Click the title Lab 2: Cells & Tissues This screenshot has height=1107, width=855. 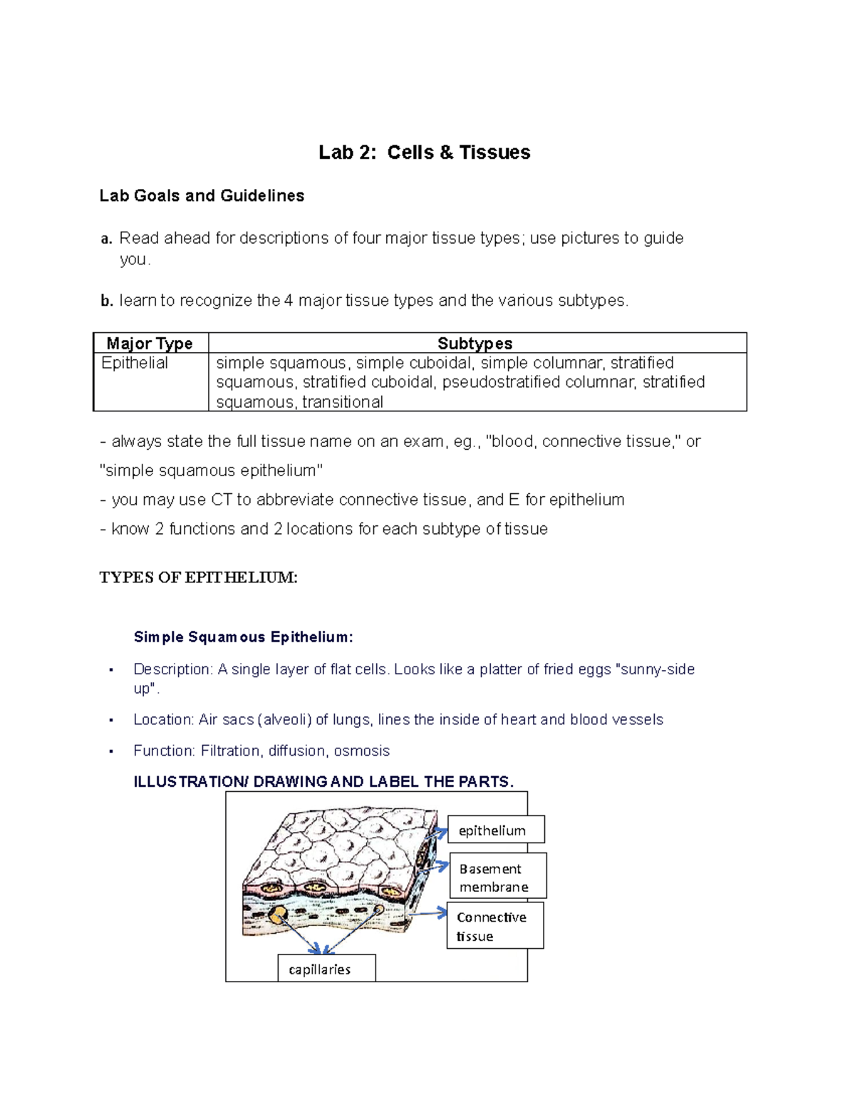424,153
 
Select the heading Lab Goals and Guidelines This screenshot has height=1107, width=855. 202,196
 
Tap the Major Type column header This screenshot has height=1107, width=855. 150,344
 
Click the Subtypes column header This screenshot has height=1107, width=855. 475,344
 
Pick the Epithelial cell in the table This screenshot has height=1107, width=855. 135,364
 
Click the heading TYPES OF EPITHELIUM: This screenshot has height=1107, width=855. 198,577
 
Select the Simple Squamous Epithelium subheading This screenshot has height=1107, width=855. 243,637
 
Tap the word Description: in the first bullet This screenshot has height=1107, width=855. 172,669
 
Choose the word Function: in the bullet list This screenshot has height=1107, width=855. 164,751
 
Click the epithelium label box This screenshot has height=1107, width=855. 496,830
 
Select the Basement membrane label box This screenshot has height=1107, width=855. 497,877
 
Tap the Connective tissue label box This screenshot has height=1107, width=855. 494,926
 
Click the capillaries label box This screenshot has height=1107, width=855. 326,969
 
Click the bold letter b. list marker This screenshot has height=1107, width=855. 107,302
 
